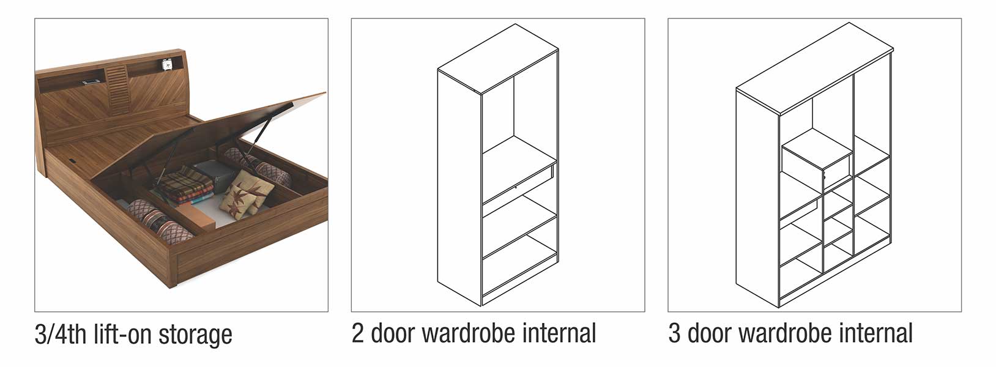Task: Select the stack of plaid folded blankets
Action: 185,185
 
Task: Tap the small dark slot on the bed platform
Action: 72,158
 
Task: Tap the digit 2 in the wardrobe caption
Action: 357,333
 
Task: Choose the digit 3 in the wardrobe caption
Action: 674,333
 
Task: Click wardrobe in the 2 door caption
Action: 469,333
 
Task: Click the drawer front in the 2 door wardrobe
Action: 519,183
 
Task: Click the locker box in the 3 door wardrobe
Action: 817,165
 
